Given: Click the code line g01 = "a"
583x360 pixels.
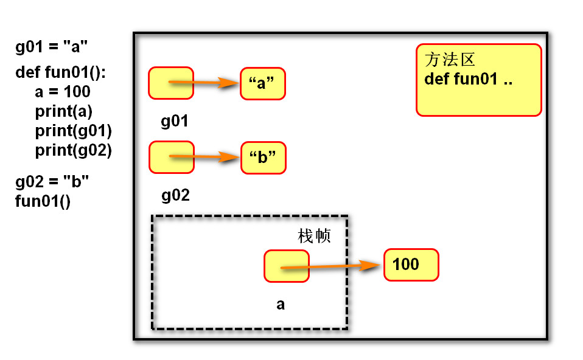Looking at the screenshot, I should pyautogui.click(x=52, y=47).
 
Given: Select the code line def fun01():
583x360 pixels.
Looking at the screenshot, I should pyautogui.click(x=61, y=74).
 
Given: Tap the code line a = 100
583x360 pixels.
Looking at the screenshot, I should pyautogui.click(x=63, y=92).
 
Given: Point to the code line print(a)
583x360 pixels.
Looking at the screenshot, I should pyautogui.click(x=63, y=111).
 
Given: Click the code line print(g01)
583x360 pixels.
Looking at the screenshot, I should pyautogui.click(x=73, y=131).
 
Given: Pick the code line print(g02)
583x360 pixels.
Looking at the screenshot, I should pyautogui.click(x=73, y=150).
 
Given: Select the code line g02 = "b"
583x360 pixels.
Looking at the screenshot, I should pyautogui.click(x=52, y=181).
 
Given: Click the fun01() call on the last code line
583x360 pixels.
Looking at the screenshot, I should pyautogui.click(x=43, y=201).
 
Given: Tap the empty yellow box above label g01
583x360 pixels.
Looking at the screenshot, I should pyautogui.click(x=171, y=83).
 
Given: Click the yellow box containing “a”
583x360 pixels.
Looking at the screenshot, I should pyautogui.click(x=262, y=83).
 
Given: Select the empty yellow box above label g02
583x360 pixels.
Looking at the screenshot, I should pyautogui.click(x=171, y=157).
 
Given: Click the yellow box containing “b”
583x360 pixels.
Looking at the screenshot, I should pyautogui.click(x=263, y=157).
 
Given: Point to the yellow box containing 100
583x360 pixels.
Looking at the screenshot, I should pyautogui.click(x=411, y=265).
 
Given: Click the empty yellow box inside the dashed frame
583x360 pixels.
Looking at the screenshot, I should pyautogui.click(x=287, y=266).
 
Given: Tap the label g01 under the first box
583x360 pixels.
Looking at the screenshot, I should pyautogui.click(x=175, y=121).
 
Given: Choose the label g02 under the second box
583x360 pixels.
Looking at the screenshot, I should pyautogui.click(x=175, y=195).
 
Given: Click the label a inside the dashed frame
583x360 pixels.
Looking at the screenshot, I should pyautogui.click(x=281, y=304).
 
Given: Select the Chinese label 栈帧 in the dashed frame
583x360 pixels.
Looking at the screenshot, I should pyautogui.click(x=314, y=236).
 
